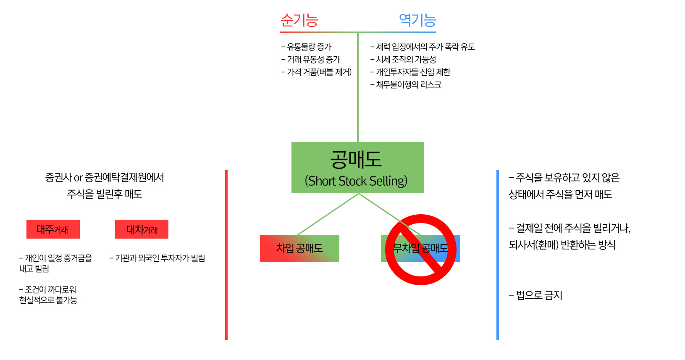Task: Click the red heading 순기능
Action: pyautogui.click(x=299, y=20)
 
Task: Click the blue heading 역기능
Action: pyautogui.click(x=417, y=20)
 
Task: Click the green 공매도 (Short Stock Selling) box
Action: pyautogui.click(x=357, y=168)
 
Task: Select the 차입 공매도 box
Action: pyautogui.click(x=299, y=248)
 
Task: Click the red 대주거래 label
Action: pyautogui.click(x=53, y=229)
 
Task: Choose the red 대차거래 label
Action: pyautogui.click(x=142, y=229)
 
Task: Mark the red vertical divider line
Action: pyautogui.click(x=226, y=255)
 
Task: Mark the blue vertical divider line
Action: pyautogui.click(x=498, y=255)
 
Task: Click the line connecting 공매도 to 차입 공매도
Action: pyautogui.click(x=328, y=214)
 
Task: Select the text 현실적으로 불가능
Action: pyautogui.click(x=48, y=300)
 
